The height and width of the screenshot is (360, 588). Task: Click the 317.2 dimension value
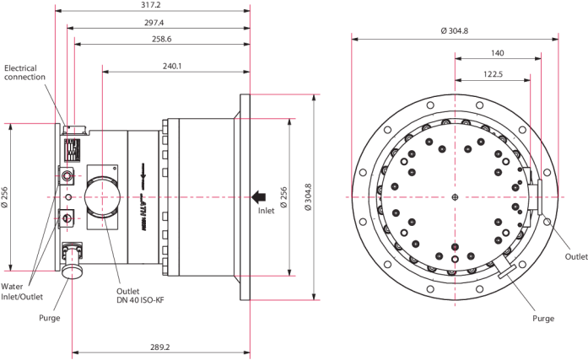[x=152, y=5]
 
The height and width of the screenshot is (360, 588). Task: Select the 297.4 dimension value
[x=154, y=23]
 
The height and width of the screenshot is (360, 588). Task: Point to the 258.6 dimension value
[x=162, y=39]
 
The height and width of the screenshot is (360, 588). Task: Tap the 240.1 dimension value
[x=172, y=67]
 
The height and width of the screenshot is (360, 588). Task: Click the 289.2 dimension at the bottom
[x=160, y=347]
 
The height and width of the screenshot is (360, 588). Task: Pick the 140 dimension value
[x=498, y=53]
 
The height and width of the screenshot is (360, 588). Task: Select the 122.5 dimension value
[x=493, y=74]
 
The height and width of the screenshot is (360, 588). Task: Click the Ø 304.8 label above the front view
[x=455, y=31]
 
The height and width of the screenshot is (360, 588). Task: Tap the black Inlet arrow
[x=259, y=197]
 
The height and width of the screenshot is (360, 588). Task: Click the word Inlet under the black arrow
[x=267, y=211]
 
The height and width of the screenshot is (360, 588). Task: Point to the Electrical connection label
[x=24, y=73]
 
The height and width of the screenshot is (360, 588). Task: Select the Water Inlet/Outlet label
[x=22, y=292]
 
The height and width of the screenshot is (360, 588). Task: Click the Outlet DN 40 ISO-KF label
[x=140, y=296]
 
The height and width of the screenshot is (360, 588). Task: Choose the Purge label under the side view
[x=50, y=318]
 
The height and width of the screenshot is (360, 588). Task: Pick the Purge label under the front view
[x=543, y=319]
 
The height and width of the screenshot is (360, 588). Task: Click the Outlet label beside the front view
[x=576, y=256]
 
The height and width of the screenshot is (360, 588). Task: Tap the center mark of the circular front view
[x=455, y=197]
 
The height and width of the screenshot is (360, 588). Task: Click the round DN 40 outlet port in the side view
[x=103, y=197]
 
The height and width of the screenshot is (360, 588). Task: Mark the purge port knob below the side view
[x=72, y=271]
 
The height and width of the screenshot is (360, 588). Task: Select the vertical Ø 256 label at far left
[x=4, y=197]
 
